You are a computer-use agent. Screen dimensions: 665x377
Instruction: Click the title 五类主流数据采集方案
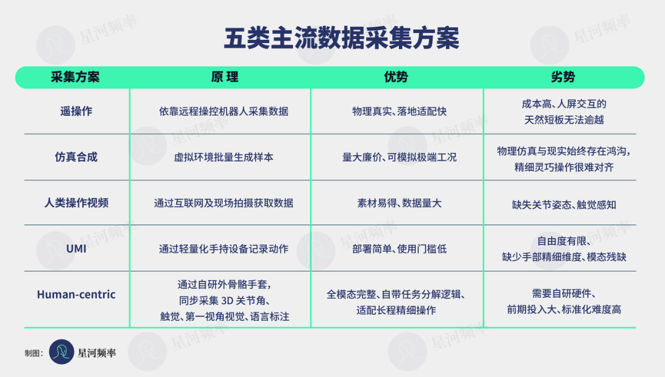(x=341, y=39)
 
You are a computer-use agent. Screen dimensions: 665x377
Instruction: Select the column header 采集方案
(x=75, y=77)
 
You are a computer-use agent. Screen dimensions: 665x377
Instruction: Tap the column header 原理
(x=225, y=77)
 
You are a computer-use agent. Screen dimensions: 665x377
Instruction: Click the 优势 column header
(x=396, y=77)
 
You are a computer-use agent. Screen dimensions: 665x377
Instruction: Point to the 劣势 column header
(x=563, y=77)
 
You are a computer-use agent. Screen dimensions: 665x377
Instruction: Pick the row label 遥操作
(x=76, y=111)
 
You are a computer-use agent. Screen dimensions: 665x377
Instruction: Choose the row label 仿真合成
(x=76, y=157)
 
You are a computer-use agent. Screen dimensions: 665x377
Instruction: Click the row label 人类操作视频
(x=76, y=203)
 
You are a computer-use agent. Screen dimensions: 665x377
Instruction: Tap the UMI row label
(x=76, y=248)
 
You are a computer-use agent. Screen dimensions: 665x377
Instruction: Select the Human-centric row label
(x=76, y=295)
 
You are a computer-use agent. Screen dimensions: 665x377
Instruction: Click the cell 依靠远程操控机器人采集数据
(x=224, y=111)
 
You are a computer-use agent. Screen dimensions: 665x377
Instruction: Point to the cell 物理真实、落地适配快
(x=399, y=111)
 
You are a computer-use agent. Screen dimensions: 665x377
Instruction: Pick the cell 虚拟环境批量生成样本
(x=224, y=157)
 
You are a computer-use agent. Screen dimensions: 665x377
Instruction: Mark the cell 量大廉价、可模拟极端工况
(x=399, y=157)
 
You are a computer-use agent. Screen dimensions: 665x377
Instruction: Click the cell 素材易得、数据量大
(x=399, y=203)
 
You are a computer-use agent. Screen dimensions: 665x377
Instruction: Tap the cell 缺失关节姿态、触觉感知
(x=563, y=205)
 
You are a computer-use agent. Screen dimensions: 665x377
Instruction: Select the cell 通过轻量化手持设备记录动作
(x=224, y=248)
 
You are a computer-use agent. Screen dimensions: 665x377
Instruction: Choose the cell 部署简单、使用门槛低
(x=399, y=248)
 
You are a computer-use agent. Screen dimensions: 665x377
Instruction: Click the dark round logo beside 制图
(x=62, y=352)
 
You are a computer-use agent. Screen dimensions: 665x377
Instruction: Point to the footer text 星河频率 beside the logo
(x=97, y=353)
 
